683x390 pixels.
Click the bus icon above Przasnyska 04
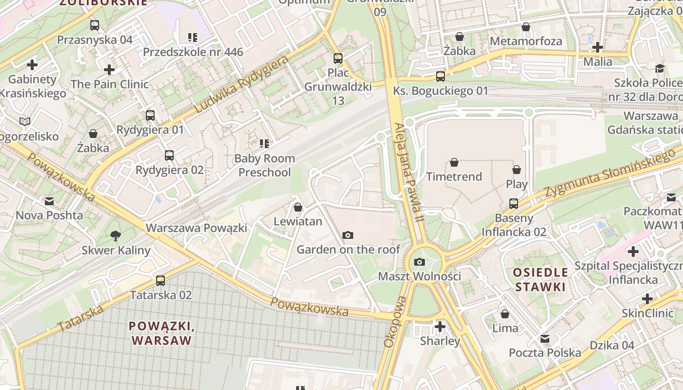[x=95, y=25]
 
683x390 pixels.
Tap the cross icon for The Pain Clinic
[x=109, y=70]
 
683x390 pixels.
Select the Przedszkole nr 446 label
[x=193, y=52]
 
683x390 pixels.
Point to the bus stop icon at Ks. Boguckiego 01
[x=440, y=77]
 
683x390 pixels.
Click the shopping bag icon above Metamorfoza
[x=525, y=27]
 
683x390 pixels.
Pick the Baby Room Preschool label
[x=264, y=165]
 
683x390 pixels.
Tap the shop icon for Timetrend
[x=454, y=162]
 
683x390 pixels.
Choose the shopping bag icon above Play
[x=517, y=170]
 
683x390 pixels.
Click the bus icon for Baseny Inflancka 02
[x=514, y=204]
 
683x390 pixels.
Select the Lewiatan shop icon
[x=298, y=207]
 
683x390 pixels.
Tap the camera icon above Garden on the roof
[x=347, y=235]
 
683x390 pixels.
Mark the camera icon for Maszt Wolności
[x=419, y=262]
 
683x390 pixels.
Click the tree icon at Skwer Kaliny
[x=116, y=236]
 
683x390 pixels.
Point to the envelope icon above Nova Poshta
[x=49, y=201]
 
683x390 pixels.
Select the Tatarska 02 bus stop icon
[x=161, y=281]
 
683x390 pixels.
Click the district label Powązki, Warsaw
[x=161, y=333]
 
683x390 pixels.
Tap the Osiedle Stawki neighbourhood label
[x=541, y=279]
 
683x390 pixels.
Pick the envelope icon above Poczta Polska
[x=545, y=338]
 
